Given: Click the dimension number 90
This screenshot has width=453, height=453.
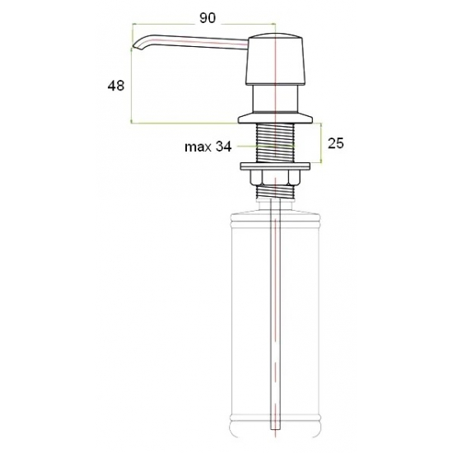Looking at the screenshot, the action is coord(208,18).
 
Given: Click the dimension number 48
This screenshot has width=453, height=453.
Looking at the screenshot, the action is coord(116,86).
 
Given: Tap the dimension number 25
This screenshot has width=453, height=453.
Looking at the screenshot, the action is coord(336,143).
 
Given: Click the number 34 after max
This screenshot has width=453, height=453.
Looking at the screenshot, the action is coord(223,147).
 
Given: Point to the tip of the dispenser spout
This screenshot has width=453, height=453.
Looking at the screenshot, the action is coord(133,46).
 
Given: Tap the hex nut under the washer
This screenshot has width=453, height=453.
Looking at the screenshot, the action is coord(275,177).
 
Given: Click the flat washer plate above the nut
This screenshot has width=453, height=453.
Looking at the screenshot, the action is coord(275,166).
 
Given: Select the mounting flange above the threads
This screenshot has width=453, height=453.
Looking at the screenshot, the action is coord(275,119).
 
